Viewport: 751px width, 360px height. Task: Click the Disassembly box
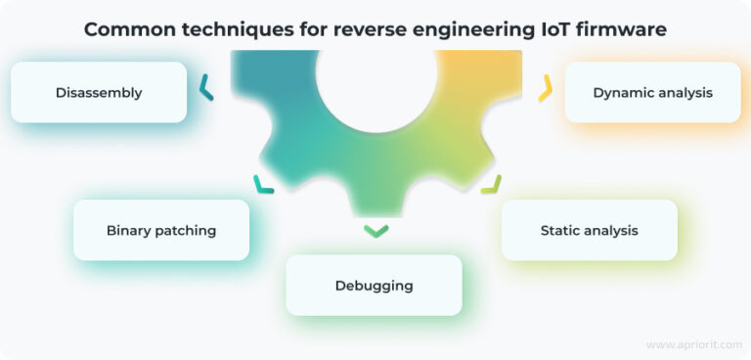pos(98,93)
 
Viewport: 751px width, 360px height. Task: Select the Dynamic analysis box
pos(652,93)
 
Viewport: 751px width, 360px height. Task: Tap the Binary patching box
pos(161,231)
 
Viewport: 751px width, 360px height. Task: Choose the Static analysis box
pos(589,231)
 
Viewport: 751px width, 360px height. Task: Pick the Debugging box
pos(374,286)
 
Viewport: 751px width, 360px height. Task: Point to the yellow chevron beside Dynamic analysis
pos(546,90)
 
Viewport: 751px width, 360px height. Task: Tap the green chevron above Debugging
pos(375,231)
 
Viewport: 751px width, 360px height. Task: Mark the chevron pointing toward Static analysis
pos(491,184)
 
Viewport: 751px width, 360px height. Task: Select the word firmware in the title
pos(623,29)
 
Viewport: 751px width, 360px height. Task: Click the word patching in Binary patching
pos(186,231)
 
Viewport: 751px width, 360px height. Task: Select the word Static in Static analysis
pos(561,231)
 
